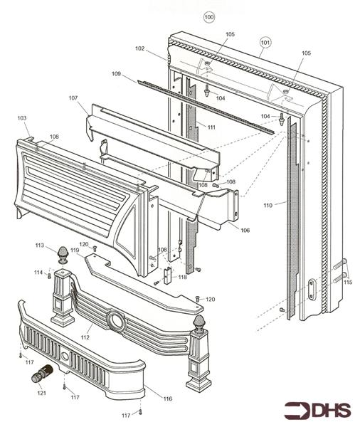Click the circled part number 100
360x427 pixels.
coord(209,17)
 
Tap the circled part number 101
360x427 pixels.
coord(265,43)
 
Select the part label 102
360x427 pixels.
coord(139,48)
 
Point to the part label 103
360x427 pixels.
coord(22,118)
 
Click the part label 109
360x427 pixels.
coord(116,73)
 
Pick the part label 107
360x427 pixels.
coord(73,97)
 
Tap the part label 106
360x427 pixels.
coord(245,231)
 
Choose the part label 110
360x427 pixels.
coord(268,206)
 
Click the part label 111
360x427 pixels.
coord(211,127)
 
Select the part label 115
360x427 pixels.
coord(348,282)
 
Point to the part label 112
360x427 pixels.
coord(85,337)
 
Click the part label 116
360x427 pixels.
coord(168,399)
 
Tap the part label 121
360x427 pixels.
coord(41,393)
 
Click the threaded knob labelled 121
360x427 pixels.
coord(42,374)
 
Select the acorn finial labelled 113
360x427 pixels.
coord(63,255)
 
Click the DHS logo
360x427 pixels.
coord(317,410)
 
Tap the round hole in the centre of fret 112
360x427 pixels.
coord(117,322)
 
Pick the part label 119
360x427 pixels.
coord(75,250)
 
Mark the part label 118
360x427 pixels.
coord(182,277)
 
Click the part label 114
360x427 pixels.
coord(38,273)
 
